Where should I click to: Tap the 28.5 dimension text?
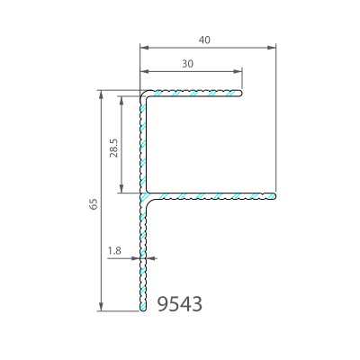tap(112, 148)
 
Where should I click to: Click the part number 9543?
tap(179, 304)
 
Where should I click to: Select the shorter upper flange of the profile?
tap(193, 92)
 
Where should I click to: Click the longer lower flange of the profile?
tap(211, 194)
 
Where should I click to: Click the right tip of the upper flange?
tap(242, 92)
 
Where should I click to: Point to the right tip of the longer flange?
tap(274, 194)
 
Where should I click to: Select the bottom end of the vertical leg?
tap(142, 310)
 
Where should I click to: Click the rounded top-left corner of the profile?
tap(143, 93)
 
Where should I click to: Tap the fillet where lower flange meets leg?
tap(148, 199)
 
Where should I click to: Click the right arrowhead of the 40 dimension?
tap(272, 47)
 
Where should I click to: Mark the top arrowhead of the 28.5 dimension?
tap(121, 94)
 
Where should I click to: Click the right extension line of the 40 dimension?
tap(275, 117)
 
